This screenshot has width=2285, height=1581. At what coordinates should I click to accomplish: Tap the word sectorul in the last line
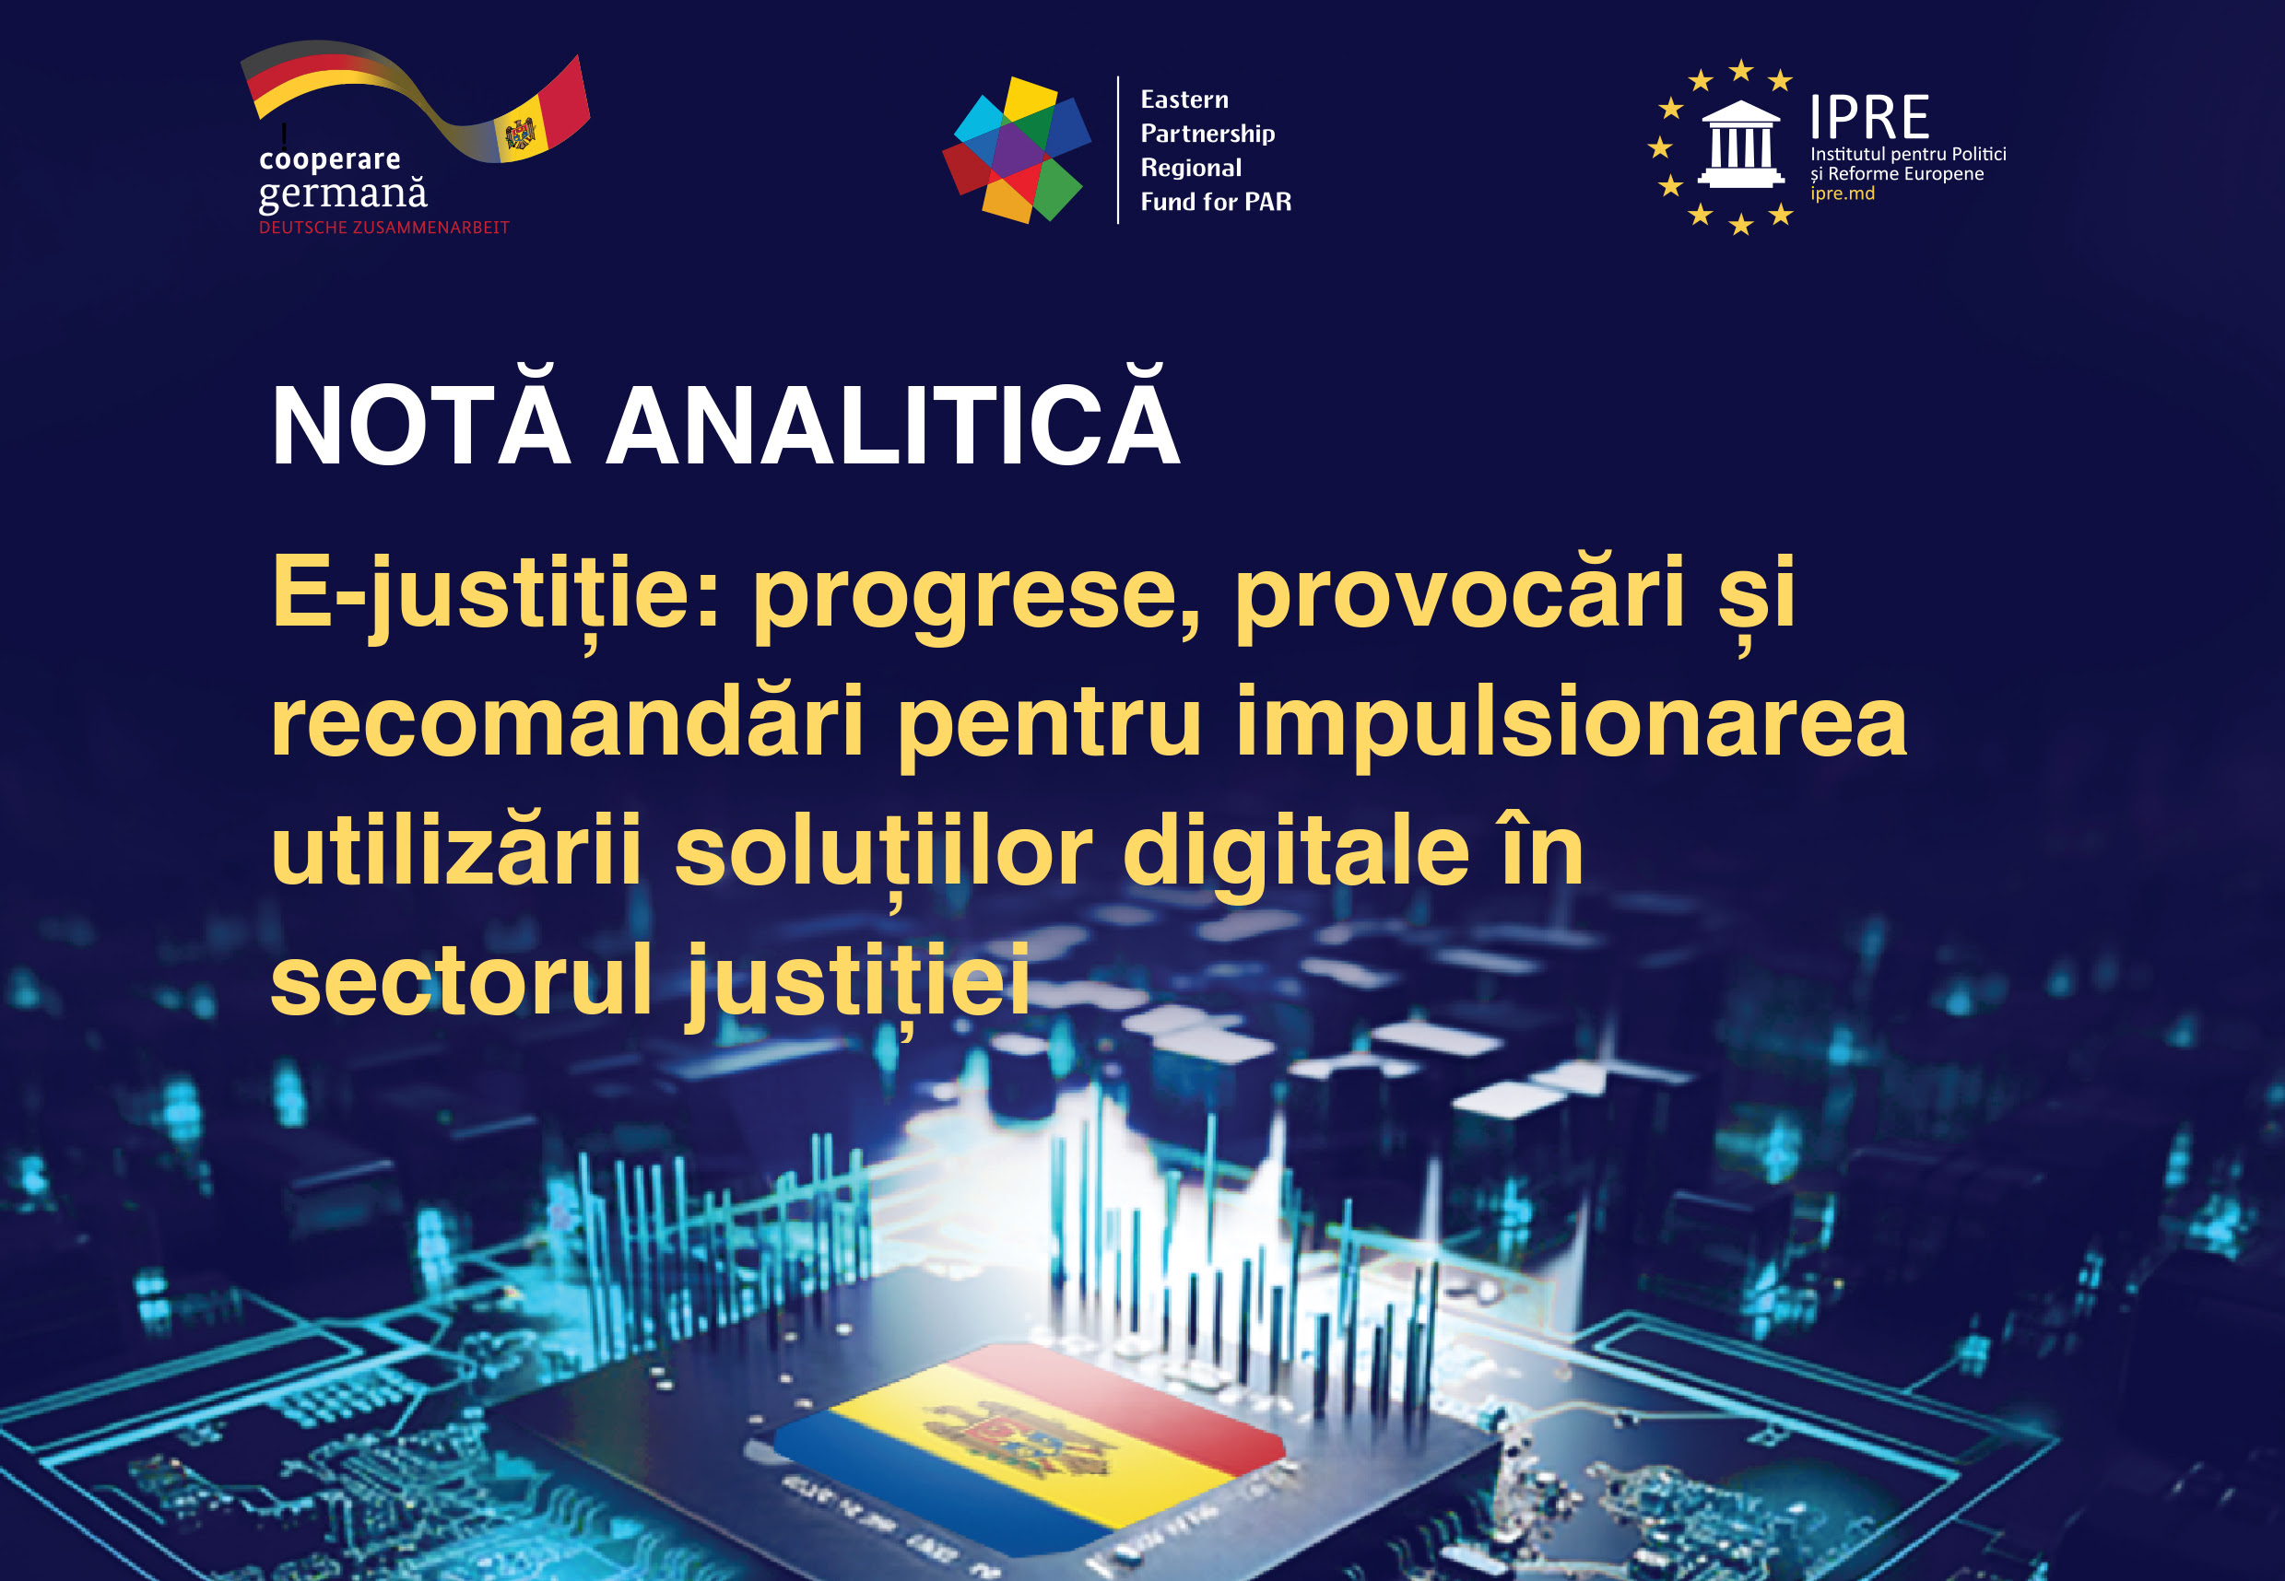[462, 979]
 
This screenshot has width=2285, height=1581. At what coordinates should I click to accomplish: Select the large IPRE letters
[1868, 118]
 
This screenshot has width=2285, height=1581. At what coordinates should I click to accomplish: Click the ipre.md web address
[1842, 193]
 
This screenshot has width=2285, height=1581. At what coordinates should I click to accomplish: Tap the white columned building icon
[1741, 144]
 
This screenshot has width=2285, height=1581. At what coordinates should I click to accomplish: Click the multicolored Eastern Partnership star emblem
[1017, 149]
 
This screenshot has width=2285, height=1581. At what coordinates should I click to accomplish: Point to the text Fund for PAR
[1216, 202]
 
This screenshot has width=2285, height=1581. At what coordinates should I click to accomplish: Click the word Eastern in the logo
[1184, 100]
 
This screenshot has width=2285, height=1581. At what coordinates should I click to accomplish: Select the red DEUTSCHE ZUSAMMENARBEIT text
[384, 228]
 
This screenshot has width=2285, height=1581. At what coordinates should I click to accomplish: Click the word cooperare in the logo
[330, 159]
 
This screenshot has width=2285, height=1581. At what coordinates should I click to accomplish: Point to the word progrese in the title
[977, 598]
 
